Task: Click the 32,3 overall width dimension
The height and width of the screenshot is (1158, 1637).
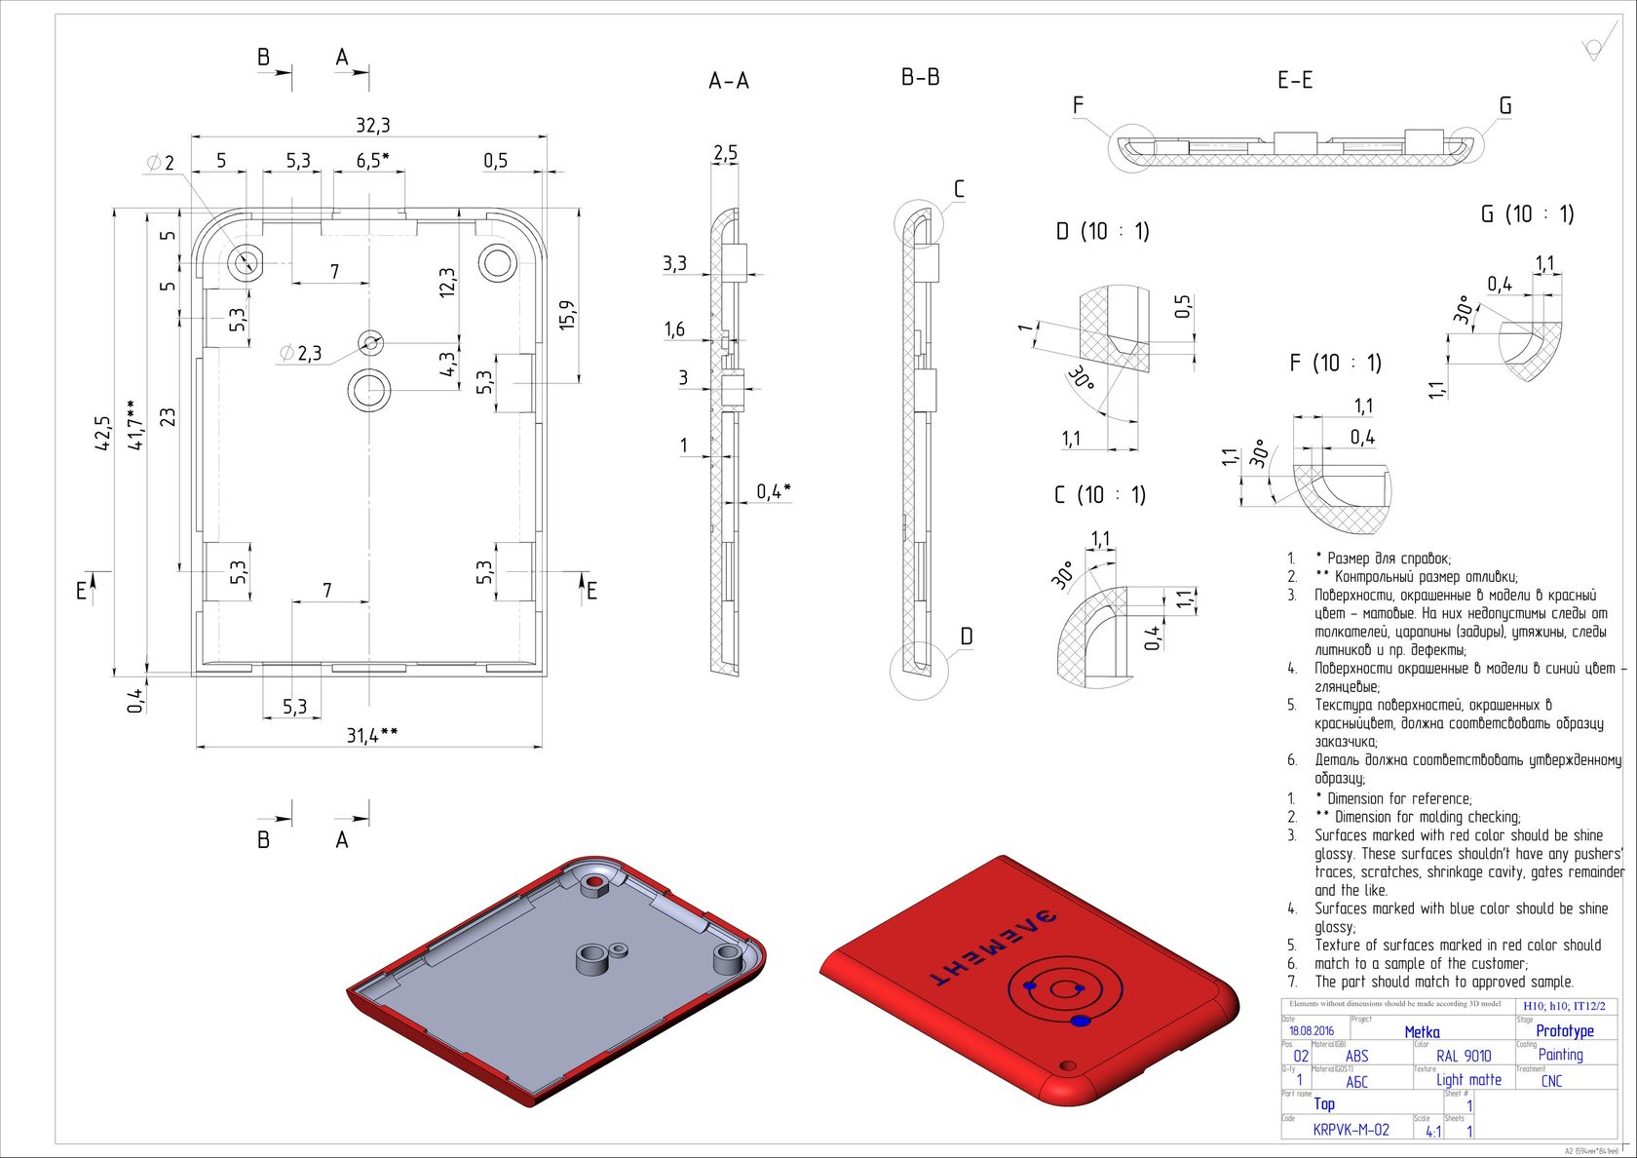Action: point(372,126)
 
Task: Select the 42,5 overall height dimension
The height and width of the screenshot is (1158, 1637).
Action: point(103,434)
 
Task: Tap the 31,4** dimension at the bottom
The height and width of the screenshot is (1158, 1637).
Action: point(371,735)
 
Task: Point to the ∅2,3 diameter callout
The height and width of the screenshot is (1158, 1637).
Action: point(300,353)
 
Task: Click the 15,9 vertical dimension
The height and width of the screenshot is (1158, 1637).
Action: point(568,314)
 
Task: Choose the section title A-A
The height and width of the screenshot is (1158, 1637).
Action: point(729,82)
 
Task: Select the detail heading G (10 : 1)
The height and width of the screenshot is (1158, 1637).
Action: point(1527,214)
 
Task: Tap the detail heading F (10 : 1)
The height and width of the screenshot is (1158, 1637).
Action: point(1335,364)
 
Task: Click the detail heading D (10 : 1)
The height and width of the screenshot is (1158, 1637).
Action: point(1102,232)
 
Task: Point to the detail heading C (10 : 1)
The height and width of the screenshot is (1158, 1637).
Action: point(1099,495)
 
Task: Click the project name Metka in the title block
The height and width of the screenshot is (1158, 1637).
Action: point(1422,1031)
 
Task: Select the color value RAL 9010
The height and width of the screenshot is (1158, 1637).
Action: point(1464,1056)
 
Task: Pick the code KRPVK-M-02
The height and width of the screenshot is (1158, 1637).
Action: point(1351,1130)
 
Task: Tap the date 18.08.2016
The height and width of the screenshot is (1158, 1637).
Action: point(1312,1030)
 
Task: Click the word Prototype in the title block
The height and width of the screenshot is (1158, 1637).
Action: point(1565,1030)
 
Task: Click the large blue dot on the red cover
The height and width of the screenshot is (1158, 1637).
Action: point(1081,1021)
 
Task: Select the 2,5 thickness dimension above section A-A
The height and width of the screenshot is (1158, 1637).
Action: point(725,154)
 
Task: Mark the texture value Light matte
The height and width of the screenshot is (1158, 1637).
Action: point(1468,1080)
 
